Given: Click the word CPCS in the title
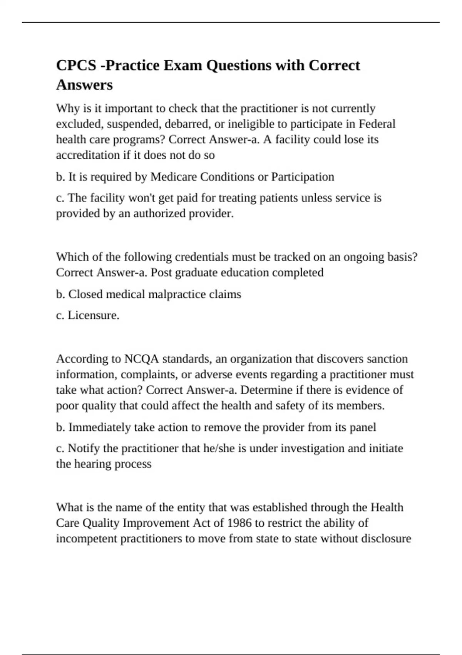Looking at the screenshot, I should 76,65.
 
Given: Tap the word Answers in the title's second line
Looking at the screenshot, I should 84,85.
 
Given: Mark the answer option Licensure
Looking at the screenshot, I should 93,315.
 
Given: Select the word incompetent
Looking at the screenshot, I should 87,538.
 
